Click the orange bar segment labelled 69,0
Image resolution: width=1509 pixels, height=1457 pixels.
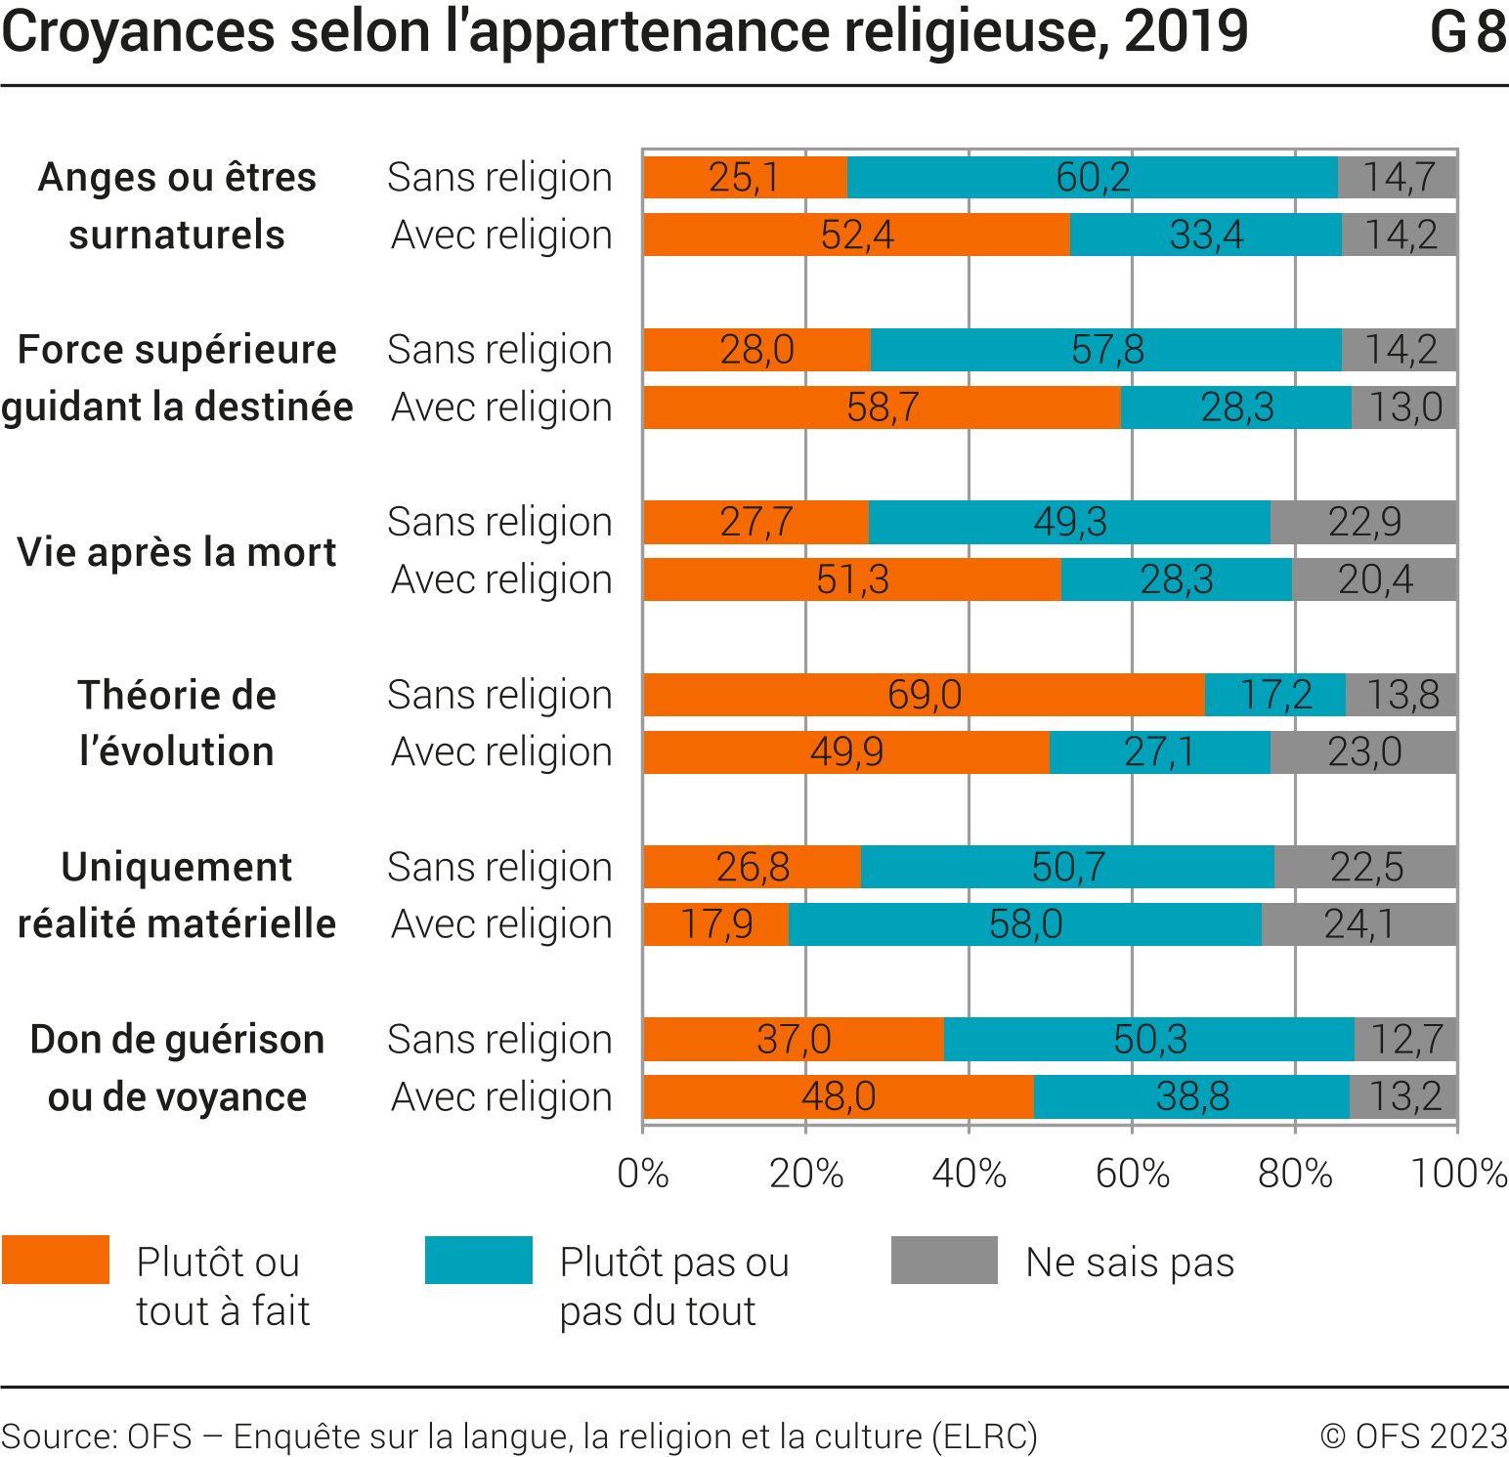[925, 695]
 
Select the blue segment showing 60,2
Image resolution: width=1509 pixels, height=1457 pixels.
[1093, 177]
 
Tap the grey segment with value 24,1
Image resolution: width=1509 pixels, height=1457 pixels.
[1358, 924]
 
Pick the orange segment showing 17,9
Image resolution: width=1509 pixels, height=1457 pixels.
[716, 924]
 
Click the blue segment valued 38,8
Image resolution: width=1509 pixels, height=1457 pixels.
[1191, 1096]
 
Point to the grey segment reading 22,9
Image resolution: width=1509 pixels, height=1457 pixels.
[1363, 522]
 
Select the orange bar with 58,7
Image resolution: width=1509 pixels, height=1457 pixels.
[883, 407]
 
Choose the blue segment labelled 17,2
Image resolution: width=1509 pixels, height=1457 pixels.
[1275, 695]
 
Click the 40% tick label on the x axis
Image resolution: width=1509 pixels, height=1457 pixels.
[969, 1173]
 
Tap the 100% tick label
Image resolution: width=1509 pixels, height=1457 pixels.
[1458, 1173]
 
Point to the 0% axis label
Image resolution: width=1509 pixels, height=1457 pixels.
[643, 1173]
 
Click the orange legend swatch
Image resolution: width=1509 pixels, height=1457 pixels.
[56, 1260]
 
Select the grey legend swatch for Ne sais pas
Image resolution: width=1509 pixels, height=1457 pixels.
[944, 1260]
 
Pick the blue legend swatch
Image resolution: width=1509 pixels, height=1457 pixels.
[479, 1260]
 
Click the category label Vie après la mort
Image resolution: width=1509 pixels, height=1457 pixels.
[177, 552]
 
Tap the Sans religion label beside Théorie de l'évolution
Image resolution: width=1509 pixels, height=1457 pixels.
[499, 695]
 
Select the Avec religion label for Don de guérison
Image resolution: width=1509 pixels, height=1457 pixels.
[501, 1096]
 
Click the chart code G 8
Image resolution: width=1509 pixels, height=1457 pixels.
[1467, 31]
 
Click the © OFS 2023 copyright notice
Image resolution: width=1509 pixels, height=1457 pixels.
[1413, 1436]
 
